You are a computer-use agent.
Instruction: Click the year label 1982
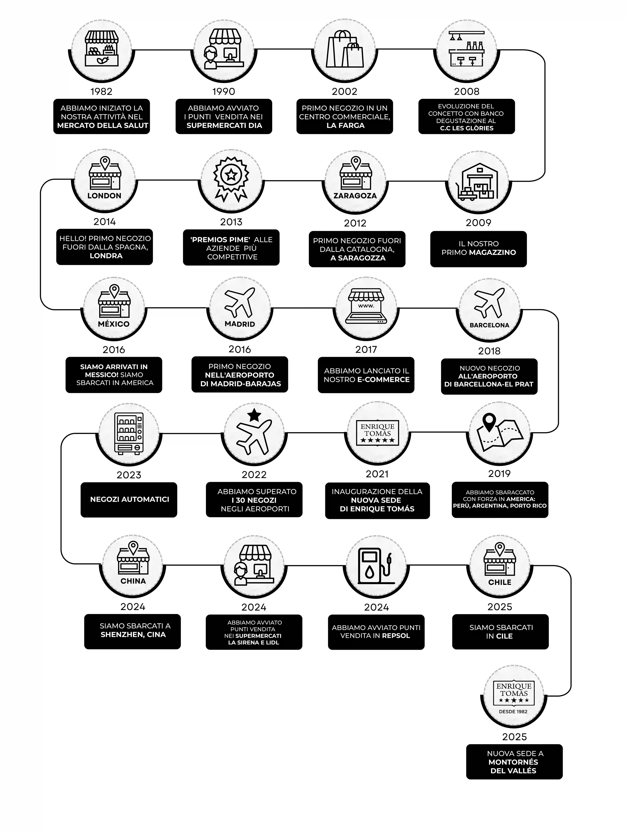point(101,91)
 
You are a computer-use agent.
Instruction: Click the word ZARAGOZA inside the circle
point(355,196)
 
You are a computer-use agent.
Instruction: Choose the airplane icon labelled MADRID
point(239,303)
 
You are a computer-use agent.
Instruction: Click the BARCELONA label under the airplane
point(489,325)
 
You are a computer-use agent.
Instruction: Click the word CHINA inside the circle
point(133,581)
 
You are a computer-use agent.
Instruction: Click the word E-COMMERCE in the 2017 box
point(383,379)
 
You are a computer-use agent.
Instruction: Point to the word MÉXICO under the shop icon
point(113,324)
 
